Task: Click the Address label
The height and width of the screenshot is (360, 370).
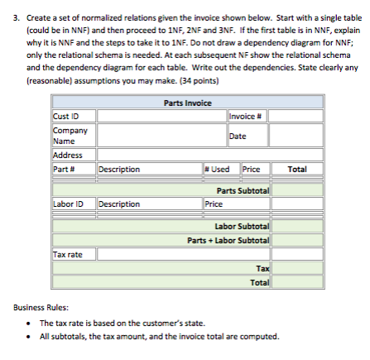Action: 64,155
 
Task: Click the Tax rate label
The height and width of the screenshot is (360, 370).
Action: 67,254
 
